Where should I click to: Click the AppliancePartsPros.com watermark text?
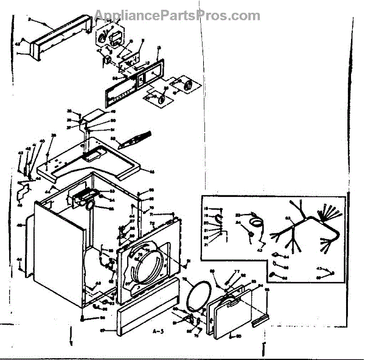177,15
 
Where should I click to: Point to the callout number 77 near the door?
237,272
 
